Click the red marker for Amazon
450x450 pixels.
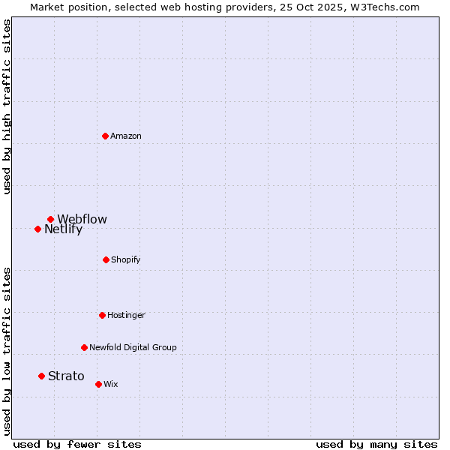click(x=106, y=136)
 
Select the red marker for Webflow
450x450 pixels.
click(x=51, y=220)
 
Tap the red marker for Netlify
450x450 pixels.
click(x=37, y=229)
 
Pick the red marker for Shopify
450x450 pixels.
click(x=106, y=259)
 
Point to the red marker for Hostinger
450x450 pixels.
click(x=102, y=315)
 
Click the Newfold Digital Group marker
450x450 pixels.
click(x=84, y=347)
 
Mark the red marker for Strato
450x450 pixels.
click(x=41, y=376)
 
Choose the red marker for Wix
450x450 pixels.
click(x=98, y=384)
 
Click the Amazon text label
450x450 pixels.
click(x=126, y=136)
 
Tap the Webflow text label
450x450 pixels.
click(x=82, y=220)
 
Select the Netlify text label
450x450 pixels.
click(x=63, y=229)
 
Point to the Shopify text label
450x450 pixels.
click(x=126, y=259)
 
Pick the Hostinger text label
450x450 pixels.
click(x=126, y=315)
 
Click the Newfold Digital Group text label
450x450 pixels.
click(x=133, y=347)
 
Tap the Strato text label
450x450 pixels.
click(x=66, y=376)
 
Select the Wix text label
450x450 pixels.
click(x=111, y=384)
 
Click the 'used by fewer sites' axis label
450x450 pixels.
click(x=77, y=444)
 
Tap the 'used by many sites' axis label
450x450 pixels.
click(x=376, y=444)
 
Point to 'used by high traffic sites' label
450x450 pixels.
click(x=7, y=106)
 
